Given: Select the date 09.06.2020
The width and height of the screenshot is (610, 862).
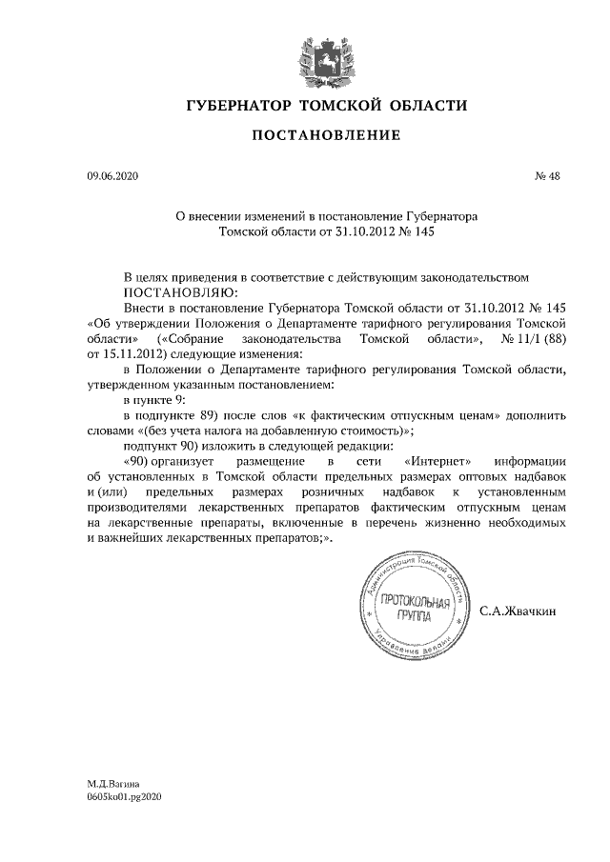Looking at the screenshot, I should pos(112,177).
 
